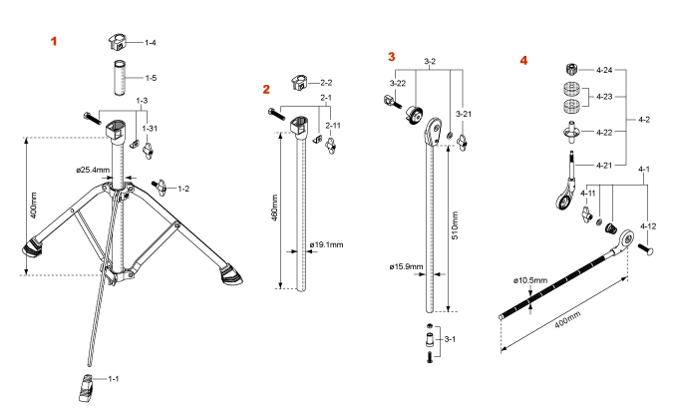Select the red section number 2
pyautogui.click(x=266, y=89)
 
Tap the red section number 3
pyautogui.click(x=392, y=57)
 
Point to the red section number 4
pyautogui.click(x=523, y=60)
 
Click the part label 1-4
pyautogui.click(x=151, y=43)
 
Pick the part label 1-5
pyautogui.click(x=151, y=77)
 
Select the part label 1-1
pyautogui.click(x=113, y=379)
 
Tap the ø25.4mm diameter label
pyautogui.click(x=93, y=169)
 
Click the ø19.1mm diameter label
pyautogui.click(x=327, y=243)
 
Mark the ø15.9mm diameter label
pyautogui.click(x=407, y=266)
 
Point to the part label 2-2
pyautogui.click(x=326, y=81)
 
